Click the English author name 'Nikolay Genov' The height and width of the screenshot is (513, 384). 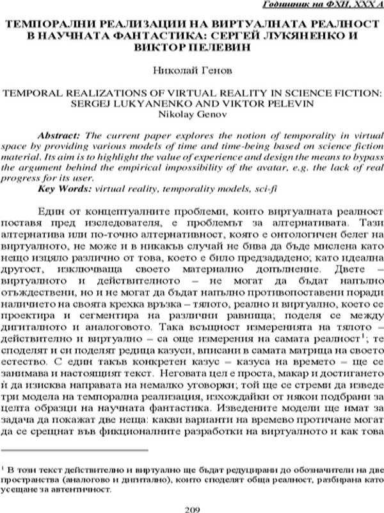[x=193, y=114]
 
